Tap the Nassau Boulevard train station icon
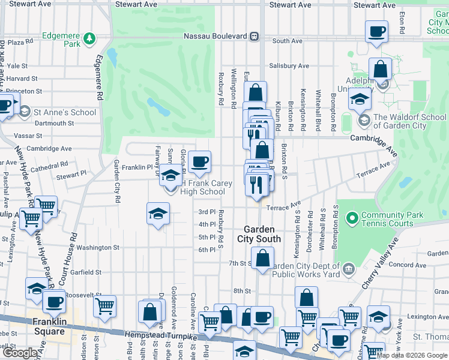255,36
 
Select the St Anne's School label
65,112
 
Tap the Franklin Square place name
49,326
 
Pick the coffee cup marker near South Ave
377,31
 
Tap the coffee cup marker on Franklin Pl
199,161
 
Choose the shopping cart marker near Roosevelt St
104,306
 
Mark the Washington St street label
98,247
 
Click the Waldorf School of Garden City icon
364,121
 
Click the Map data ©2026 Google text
411,355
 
